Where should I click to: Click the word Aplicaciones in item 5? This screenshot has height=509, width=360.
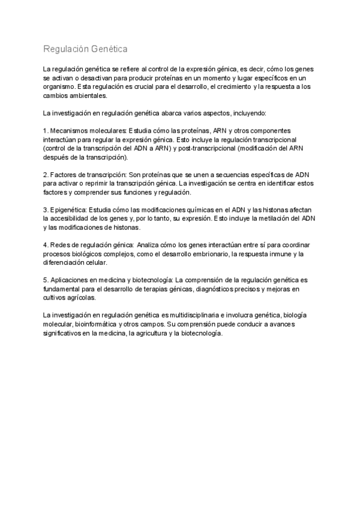(71, 280)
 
